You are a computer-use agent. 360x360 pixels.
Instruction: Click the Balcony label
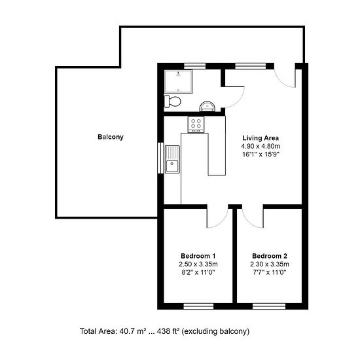pos(111,137)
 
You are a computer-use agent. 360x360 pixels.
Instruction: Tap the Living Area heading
pos(261,138)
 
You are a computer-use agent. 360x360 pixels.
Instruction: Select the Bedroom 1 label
pos(198,256)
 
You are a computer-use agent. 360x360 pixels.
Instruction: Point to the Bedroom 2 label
pos(270,256)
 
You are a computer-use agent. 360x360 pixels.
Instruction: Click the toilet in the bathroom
pos(172,101)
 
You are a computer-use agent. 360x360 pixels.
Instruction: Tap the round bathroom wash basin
pos(207,107)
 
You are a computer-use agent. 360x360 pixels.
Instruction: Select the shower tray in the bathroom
pos(179,82)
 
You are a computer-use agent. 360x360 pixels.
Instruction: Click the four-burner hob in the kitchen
pos(196,124)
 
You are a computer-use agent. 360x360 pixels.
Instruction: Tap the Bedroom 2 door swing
pos(249,221)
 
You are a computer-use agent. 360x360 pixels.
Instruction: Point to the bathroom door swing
pos(239,101)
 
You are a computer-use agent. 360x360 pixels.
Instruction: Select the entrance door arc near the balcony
pos(281,81)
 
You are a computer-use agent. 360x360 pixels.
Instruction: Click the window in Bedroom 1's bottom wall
pos(198,306)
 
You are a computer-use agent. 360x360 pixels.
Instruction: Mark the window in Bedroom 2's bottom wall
pos(269,306)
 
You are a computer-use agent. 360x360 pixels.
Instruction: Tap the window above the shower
pos(194,66)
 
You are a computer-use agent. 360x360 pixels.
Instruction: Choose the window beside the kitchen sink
pos(160,158)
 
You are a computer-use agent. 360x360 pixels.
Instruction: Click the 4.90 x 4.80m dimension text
pos(261,146)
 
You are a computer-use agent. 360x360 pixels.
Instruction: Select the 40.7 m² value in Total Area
pos(133,331)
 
